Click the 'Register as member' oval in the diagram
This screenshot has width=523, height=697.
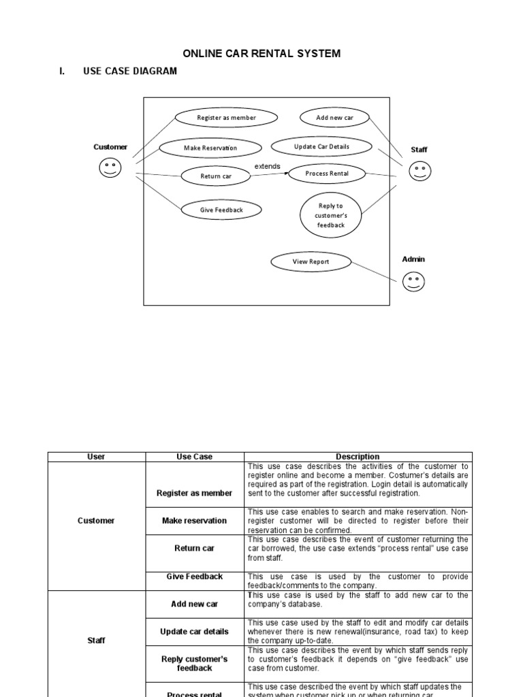click(226, 118)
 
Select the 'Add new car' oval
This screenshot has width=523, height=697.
click(334, 118)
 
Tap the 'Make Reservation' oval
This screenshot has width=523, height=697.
click(210, 148)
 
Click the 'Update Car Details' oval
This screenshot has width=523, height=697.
click(321, 146)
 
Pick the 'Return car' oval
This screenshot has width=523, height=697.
click(215, 176)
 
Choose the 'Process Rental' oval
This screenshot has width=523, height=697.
click(327, 174)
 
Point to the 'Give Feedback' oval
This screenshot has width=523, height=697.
click(221, 210)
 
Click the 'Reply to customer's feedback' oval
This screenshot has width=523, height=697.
click(330, 215)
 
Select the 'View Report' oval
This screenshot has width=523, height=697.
click(311, 261)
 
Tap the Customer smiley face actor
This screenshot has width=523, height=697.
click(110, 167)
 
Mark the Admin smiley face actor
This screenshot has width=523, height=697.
click(413, 281)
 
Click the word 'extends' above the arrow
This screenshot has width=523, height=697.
click(268, 166)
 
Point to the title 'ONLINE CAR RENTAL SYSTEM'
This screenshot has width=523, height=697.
click(261, 53)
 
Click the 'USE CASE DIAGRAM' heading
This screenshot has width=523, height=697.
click(129, 71)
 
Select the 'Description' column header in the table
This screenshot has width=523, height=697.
click(358, 457)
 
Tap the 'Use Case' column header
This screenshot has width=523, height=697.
click(194, 457)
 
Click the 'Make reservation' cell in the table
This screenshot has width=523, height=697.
click(194, 521)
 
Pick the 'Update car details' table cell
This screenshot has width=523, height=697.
click(194, 632)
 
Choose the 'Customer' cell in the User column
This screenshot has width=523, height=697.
click(96, 521)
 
